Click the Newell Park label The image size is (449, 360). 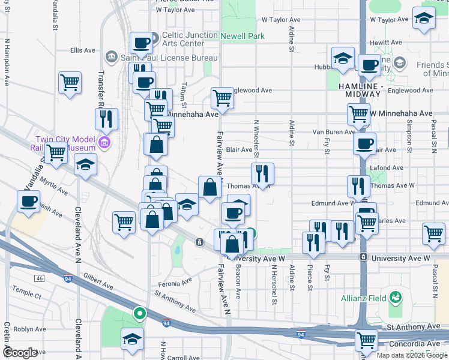pyautogui.click(x=242, y=36)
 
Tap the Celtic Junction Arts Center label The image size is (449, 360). pyautogui.click(x=190, y=39)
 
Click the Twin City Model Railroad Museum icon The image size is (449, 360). pyautogui.click(x=105, y=143)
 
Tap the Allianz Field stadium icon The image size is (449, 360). pyautogui.click(x=395, y=296)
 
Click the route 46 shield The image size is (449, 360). pyautogui.click(x=40, y=278)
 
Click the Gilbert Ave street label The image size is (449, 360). pyautogui.click(x=98, y=280)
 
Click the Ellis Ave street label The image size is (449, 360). pyautogui.click(x=83, y=50)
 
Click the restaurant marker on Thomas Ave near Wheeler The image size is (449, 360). pyautogui.click(x=262, y=173)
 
